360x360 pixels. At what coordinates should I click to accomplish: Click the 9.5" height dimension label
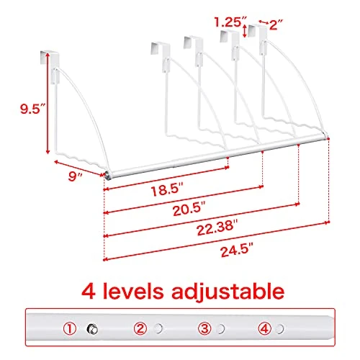33,109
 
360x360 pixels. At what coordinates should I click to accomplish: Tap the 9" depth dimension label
75,177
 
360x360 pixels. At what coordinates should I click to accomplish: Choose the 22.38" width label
217,228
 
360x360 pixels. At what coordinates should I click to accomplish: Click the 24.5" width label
237,250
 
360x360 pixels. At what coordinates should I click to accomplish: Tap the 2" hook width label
276,24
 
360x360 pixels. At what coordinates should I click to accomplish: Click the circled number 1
70,328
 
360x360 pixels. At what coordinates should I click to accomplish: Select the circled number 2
140,328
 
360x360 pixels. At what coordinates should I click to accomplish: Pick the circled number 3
204,328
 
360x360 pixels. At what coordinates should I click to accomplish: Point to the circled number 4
265,328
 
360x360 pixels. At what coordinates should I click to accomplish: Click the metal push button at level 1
93,329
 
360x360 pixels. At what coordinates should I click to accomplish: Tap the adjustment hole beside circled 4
279,329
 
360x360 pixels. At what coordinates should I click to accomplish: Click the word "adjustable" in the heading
228,292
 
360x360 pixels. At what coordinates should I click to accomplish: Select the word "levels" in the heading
133,291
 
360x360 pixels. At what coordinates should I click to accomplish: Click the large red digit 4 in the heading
89,291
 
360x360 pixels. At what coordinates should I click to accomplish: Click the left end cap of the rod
108,175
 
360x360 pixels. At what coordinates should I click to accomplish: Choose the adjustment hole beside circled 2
158,328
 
